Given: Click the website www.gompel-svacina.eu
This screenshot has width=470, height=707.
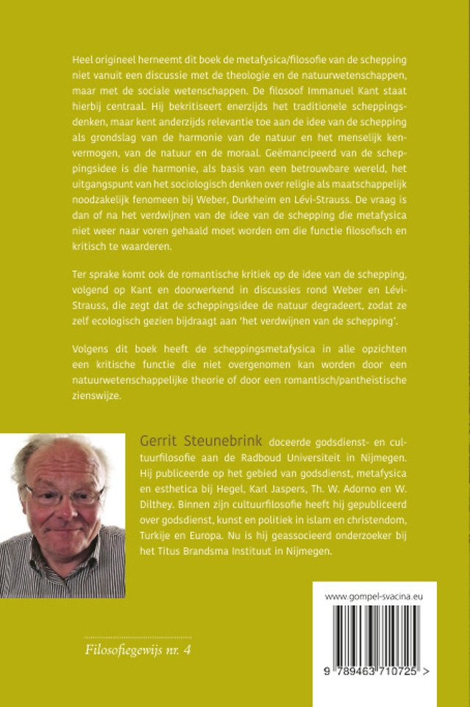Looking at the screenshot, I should coord(374,598).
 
